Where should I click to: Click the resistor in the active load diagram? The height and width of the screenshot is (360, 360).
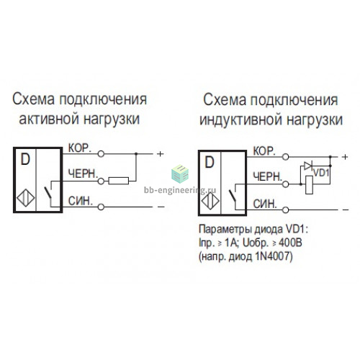119,181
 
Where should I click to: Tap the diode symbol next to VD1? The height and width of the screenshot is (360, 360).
307,166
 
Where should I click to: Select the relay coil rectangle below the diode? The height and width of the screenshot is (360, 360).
309,185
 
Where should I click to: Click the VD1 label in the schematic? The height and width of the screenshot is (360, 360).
321,173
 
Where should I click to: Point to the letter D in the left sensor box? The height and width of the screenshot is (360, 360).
25,159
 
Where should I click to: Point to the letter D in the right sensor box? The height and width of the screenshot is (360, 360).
210,162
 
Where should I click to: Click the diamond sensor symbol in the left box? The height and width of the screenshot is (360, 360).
25,198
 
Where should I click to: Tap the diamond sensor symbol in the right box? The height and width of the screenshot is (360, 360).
210,201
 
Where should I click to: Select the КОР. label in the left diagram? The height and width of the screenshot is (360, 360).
80,148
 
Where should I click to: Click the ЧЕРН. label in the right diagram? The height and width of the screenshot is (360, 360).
268,177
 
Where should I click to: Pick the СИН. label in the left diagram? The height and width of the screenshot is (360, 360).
81,201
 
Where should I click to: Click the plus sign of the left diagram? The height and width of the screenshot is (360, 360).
160,153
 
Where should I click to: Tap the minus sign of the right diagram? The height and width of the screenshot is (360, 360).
346,210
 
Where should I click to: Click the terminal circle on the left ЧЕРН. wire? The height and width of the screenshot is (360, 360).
101,181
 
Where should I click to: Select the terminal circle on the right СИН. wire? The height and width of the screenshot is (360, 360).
285,210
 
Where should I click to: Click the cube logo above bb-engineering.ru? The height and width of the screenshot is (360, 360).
180,174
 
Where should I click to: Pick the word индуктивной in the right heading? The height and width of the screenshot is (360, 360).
241,120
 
